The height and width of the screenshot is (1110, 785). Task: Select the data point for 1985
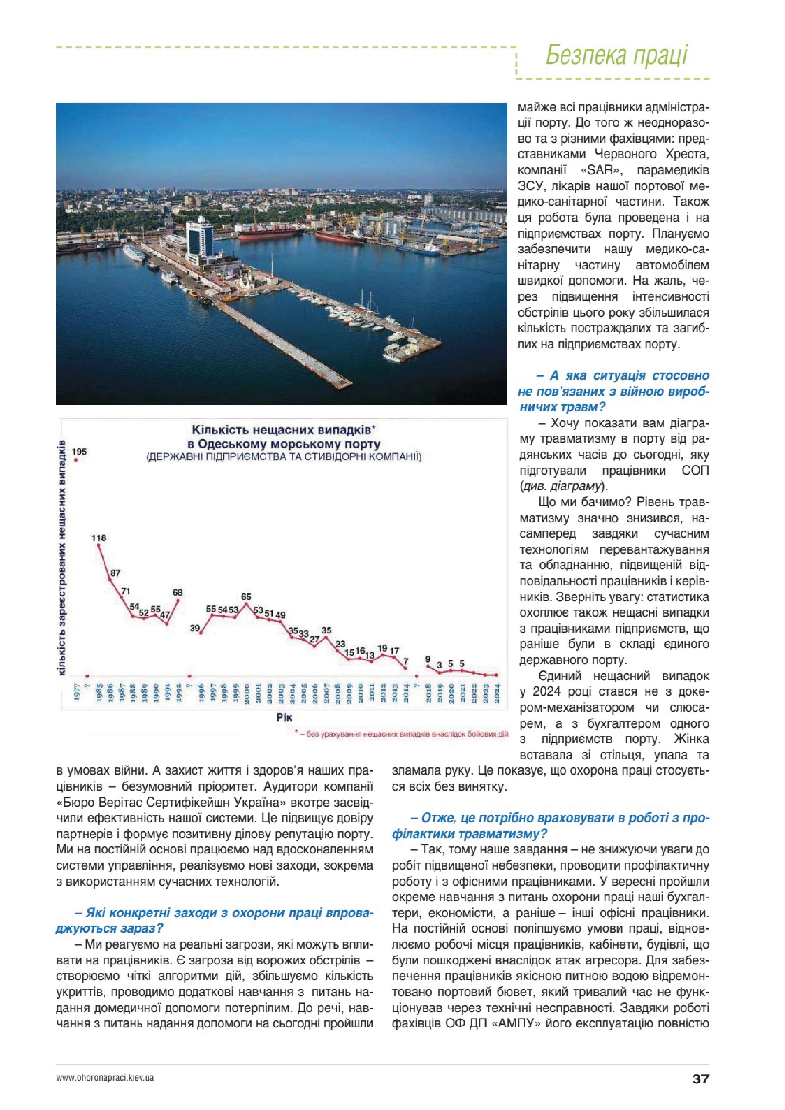(99, 545)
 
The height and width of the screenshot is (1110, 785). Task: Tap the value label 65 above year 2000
(246, 597)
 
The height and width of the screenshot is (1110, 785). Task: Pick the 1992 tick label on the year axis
(179, 693)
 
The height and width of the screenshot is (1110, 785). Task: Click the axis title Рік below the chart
(284, 717)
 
